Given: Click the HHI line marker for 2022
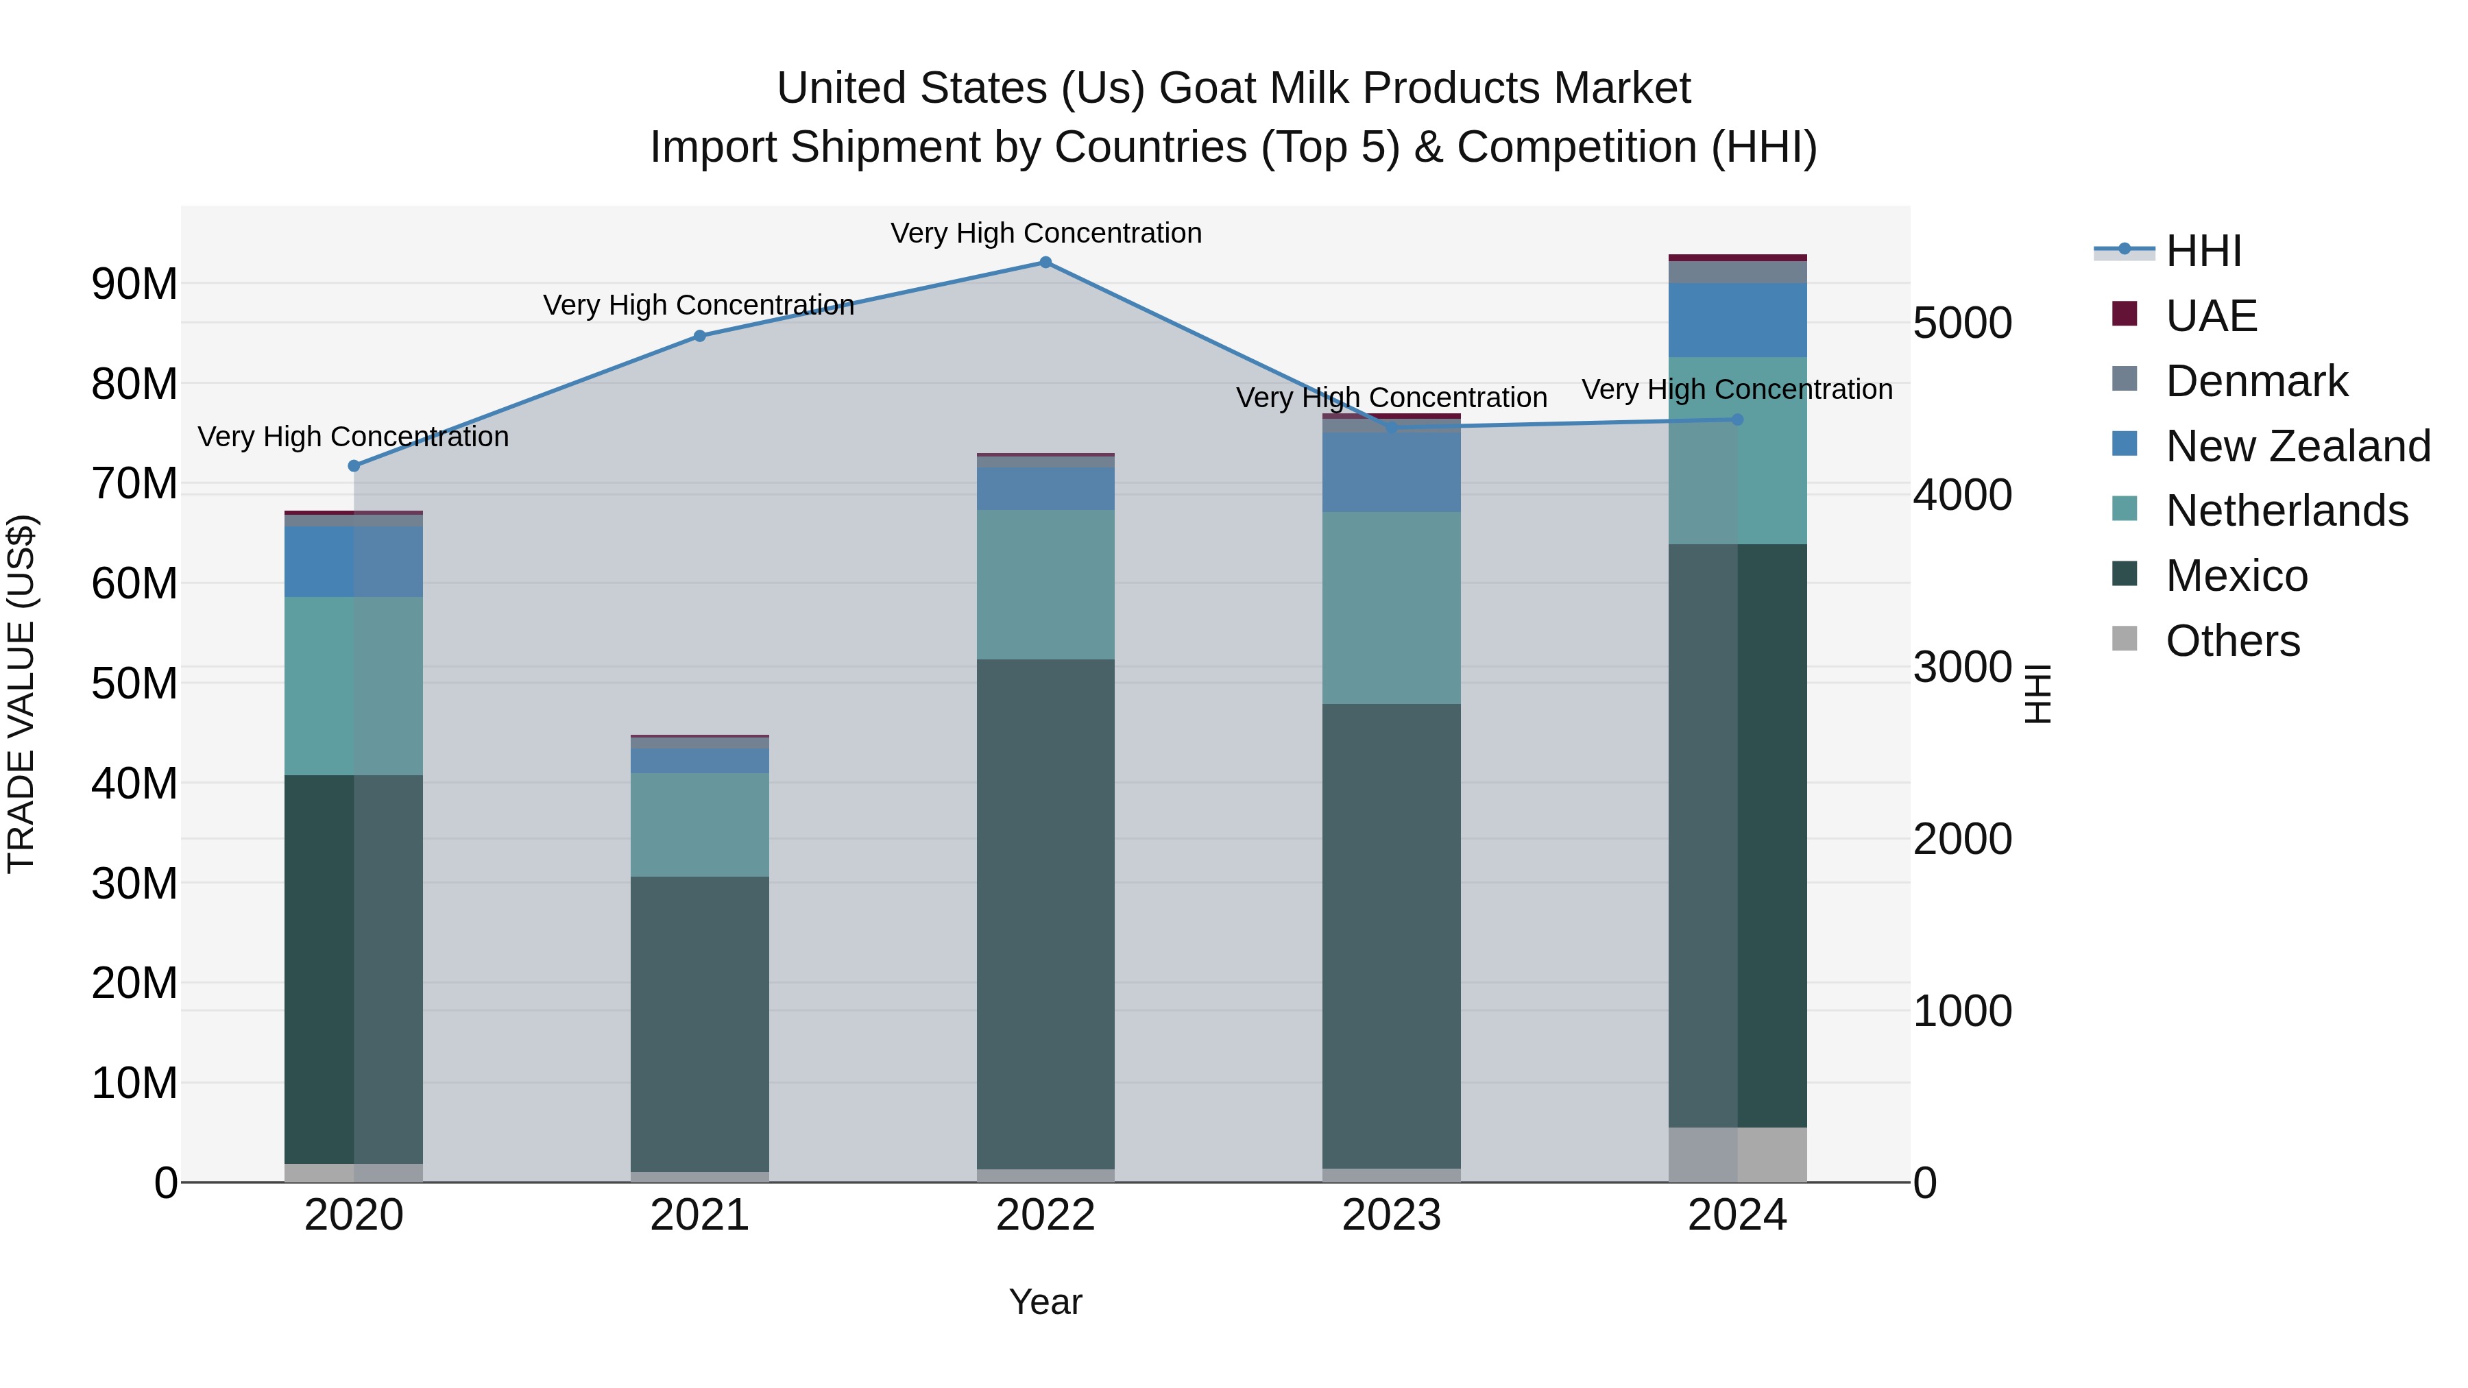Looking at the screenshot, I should (1045, 263).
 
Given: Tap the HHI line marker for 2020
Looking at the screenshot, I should (354, 465).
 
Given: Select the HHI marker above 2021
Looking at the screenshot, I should (699, 337).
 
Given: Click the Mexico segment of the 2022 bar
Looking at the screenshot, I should (1045, 915).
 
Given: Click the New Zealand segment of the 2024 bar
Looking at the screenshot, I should (1737, 320).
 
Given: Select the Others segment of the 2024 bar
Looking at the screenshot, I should (1737, 1154).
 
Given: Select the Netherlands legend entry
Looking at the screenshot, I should (2285, 511).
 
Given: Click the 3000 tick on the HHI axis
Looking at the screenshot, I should (1962, 668).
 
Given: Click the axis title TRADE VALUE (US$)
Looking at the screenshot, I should (21, 694).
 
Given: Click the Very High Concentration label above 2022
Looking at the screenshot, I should (1045, 233).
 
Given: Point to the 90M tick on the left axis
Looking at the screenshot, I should (134, 284).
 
